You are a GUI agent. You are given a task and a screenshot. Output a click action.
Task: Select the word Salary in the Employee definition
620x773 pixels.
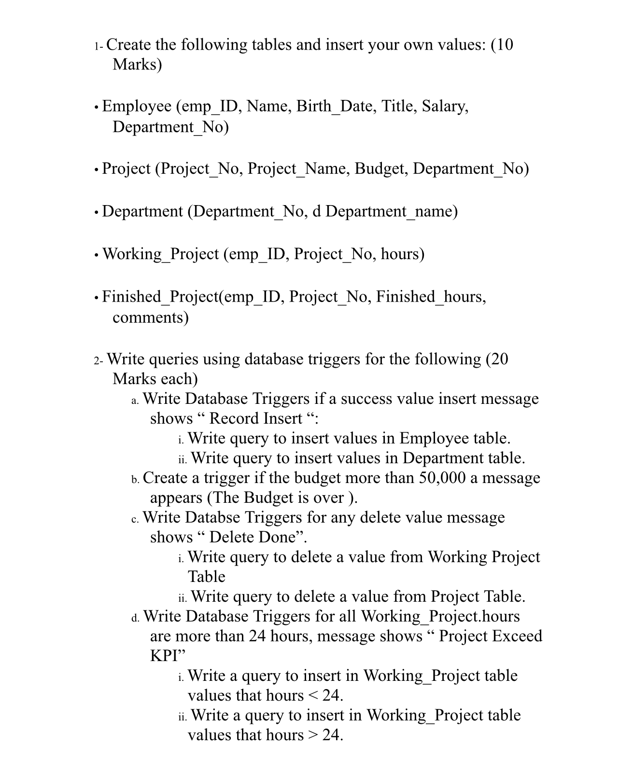(445, 106)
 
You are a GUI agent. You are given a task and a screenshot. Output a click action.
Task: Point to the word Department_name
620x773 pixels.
(391, 211)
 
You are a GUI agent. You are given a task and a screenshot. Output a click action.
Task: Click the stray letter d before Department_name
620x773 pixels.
(316, 211)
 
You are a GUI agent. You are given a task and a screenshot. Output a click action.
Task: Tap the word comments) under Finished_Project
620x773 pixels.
(150, 317)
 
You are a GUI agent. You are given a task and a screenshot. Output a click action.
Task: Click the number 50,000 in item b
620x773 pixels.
(442, 478)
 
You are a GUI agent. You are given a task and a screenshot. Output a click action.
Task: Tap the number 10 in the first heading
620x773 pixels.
(504, 44)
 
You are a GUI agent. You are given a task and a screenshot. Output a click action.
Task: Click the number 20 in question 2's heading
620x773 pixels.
(499, 359)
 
